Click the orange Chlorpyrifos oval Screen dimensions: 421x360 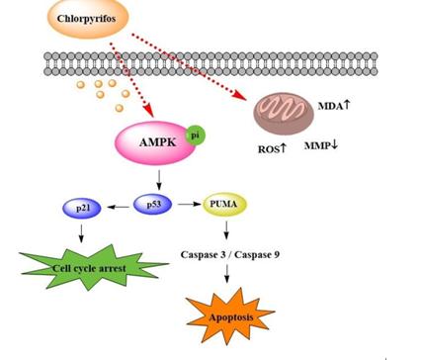[x=87, y=19]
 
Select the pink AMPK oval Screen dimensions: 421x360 [x=155, y=142]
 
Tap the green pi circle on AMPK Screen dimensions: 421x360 [x=196, y=135]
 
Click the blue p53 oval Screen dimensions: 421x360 [x=152, y=205]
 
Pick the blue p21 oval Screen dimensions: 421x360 [x=82, y=208]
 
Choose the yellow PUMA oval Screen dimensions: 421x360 [x=224, y=205]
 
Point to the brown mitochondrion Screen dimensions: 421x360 [x=284, y=114]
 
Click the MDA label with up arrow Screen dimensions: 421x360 [x=334, y=106]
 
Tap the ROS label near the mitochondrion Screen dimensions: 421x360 [x=272, y=149]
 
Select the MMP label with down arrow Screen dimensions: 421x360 [x=321, y=145]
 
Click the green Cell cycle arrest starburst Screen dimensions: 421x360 [x=94, y=267]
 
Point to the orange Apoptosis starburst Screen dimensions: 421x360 [x=230, y=316]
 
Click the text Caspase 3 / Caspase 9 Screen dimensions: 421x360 [x=230, y=255]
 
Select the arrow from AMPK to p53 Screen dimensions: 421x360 [x=159, y=180]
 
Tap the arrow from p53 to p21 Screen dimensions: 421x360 [x=119, y=207]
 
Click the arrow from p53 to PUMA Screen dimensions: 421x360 [x=190, y=205]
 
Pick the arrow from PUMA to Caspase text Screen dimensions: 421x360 [x=226, y=230]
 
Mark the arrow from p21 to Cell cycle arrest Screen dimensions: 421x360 [x=81, y=233]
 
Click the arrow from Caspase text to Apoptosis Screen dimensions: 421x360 [x=226, y=274]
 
